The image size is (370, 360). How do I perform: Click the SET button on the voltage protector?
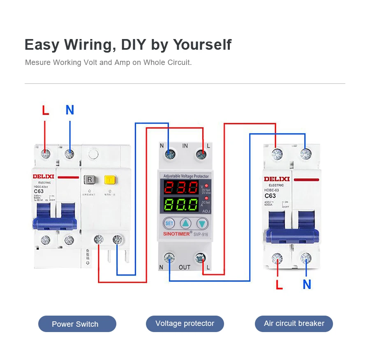click(169, 224)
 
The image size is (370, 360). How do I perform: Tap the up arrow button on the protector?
click(186, 224)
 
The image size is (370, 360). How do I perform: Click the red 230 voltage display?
click(180, 188)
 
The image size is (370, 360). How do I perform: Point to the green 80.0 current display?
click(180, 204)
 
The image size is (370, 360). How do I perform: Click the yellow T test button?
click(109, 180)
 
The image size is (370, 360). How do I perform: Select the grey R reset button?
click(90, 180)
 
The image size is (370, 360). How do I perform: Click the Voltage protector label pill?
click(185, 323)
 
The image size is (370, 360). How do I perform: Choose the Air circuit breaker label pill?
click(294, 323)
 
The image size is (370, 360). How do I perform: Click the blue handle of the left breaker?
click(55, 222)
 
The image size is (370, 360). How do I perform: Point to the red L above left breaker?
click(45, 110)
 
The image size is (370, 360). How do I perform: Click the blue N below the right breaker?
click(307, 284)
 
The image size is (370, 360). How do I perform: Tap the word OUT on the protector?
click(185, 268)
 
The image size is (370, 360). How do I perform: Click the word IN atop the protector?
click(185, 146)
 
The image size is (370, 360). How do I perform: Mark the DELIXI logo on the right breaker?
click(277, 179)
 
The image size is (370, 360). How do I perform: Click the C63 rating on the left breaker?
click(39, 191)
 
